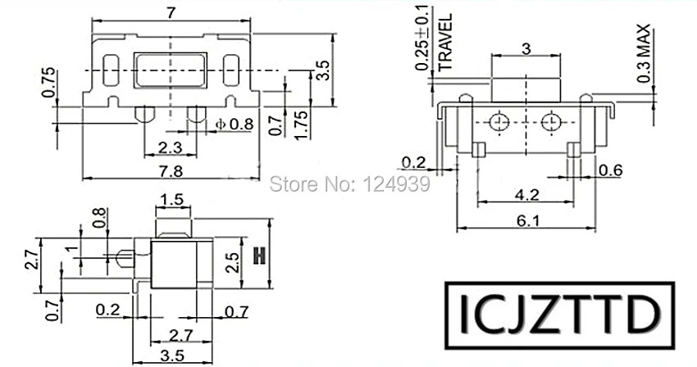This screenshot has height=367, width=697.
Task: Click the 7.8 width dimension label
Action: click(171, 171)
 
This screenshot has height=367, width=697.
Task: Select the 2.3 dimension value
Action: click(171, 147)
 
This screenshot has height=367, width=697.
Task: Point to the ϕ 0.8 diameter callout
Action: click(235, 124)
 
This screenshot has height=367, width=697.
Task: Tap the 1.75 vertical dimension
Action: click(301, 125)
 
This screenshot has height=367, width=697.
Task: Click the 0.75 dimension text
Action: click(49, 82)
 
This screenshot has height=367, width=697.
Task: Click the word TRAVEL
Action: click(445, 43)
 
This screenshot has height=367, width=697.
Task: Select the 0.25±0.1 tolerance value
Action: click(422, 38)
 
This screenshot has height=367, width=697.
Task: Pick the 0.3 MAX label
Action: click(643, 53)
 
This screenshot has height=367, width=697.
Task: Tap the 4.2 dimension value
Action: click(526, 194)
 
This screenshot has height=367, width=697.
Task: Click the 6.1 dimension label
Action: click(528, 220)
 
